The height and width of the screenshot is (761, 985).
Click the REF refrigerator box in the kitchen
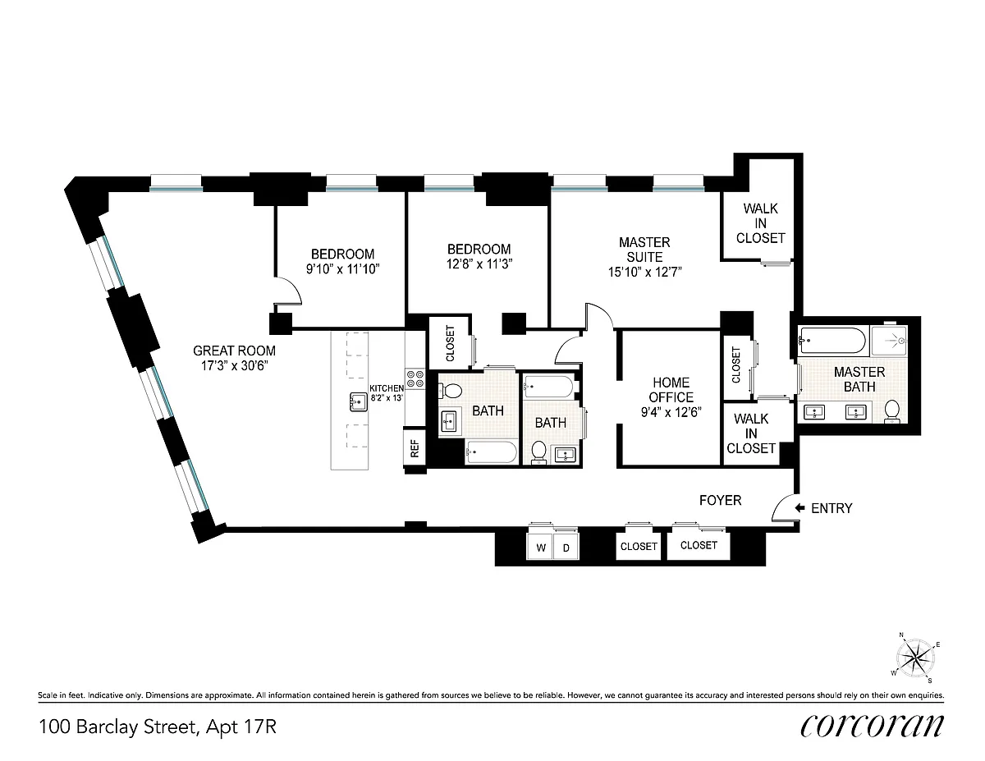(415, 447)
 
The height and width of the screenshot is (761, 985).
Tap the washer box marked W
(541, 547)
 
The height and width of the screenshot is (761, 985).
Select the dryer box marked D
(566, 547)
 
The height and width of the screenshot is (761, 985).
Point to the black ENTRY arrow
(799, 508)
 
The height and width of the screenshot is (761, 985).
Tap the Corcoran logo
(872, 727)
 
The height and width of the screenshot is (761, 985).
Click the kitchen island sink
(359, 402)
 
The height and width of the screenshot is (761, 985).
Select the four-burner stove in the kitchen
(415, 379)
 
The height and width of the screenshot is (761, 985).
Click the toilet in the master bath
(891, 411)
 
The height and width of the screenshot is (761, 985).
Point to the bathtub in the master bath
(832, 341)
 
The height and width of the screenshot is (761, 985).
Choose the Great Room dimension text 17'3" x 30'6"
(235, 365)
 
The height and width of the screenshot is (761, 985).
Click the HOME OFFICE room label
(671, 390)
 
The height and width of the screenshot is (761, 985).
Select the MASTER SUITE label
(644, 250)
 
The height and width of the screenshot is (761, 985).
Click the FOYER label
(720, 501)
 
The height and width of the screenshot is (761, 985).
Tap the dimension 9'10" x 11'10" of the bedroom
(342, 269)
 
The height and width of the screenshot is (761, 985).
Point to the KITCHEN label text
(387, 388)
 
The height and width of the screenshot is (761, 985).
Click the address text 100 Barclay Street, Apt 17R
(158, 727)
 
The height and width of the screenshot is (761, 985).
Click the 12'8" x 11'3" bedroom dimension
(479, 264)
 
